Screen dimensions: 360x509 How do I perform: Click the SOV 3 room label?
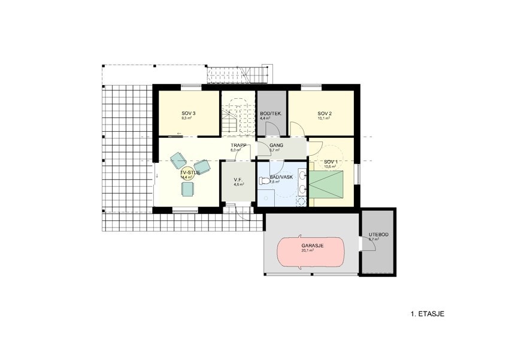[x=189, y=113]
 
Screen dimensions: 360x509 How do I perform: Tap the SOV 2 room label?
[x=325, y=113]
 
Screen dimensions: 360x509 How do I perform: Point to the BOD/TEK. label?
[x=271, y=113]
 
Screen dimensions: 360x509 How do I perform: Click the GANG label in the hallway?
[x=276, y=146]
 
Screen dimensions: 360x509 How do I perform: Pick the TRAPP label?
[x=240, y=145]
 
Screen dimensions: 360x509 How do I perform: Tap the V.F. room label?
[x=238, y=179]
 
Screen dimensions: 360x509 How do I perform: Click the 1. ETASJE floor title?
[x=427, y=313]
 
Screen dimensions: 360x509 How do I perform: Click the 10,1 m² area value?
[x=325, y=119]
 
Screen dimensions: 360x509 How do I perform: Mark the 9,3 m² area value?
[x=186, y=119]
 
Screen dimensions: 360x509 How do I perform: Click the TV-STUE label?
[x=190, y=172]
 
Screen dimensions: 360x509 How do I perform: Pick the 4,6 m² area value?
[x=239, y=184]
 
